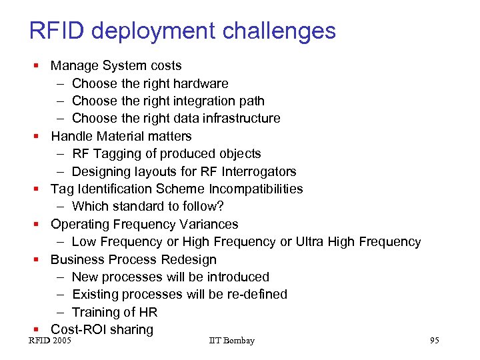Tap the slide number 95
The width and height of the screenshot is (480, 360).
(x=434, y=341)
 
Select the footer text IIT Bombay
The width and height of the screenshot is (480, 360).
(x=231, y=341)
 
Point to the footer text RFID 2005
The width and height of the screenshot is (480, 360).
(x=50, y=341)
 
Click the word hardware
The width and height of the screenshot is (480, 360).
(x=200, y=83)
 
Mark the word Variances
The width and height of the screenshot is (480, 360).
(x=209, y=224)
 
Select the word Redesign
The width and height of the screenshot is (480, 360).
(x=191, y=259)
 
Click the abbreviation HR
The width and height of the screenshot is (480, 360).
(x=148, y=312)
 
